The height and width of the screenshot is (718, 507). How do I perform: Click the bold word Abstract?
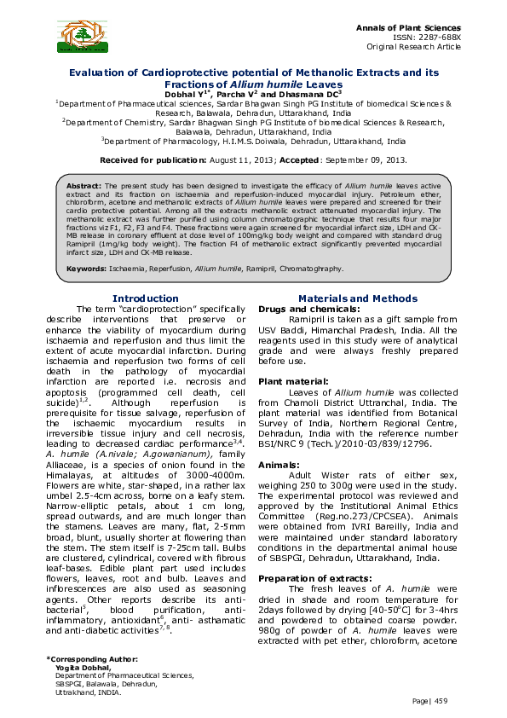[84, 185]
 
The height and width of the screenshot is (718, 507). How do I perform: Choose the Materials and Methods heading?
[359, 298]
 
